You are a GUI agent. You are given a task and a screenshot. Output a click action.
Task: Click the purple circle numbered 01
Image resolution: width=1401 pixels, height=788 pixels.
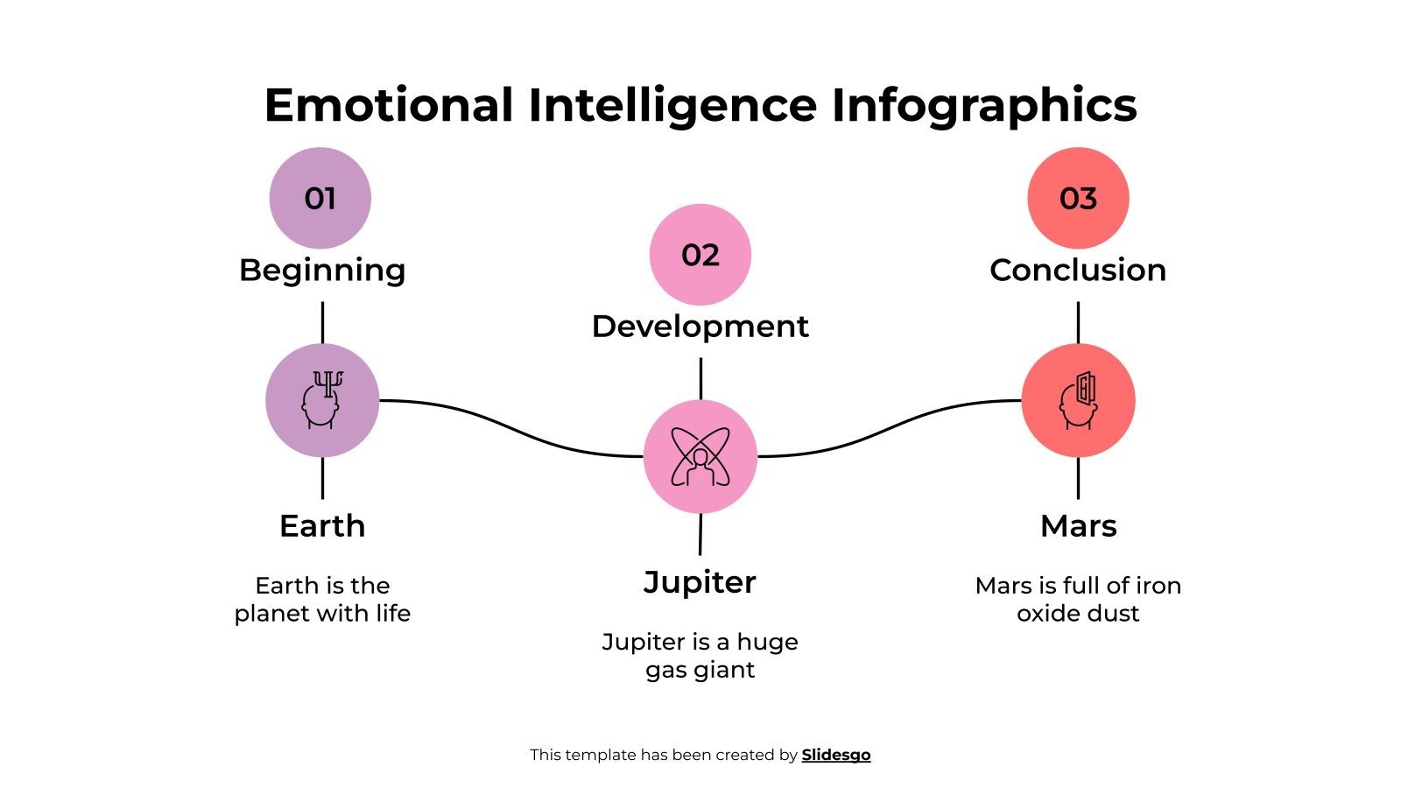click(x=320, y=198)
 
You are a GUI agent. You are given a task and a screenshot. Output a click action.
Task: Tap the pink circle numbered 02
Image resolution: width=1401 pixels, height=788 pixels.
click(x=700, y=254)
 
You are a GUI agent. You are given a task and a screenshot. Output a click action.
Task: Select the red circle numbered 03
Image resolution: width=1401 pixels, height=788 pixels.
click(x=1078, y=198)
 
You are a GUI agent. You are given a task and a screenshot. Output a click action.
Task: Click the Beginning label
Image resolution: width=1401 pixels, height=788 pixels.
click(x=322, y=270)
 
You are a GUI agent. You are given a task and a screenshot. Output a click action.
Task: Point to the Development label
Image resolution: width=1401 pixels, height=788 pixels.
click(x=700, y=326)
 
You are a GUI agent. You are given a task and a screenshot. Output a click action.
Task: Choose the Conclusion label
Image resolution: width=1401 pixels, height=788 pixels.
click(x=1078, y=270)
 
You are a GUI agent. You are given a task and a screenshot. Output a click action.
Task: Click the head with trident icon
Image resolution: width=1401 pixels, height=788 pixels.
click(x=322, y=400)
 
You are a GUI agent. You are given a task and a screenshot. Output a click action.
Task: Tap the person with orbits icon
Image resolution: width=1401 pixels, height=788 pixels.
click(x=700, y=456)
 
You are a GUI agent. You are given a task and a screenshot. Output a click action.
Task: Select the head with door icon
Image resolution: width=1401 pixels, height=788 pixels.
click(x=1078, y=400)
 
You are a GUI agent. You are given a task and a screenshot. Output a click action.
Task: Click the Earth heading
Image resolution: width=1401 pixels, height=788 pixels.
click(x=322, y=525)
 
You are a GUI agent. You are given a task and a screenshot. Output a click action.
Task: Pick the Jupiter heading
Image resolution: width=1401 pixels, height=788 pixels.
click(x=700, y=582)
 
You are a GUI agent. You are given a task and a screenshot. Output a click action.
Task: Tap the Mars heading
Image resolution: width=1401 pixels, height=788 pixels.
click(x=1078, y=525)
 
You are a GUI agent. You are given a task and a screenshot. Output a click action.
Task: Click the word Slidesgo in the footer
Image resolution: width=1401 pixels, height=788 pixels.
click(x=836, y=755)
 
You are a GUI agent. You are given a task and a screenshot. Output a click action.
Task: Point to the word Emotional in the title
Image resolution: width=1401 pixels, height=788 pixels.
click(x=389, y=105)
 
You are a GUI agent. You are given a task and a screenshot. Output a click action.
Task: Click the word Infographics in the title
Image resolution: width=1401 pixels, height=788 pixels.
click(x=984, y=105)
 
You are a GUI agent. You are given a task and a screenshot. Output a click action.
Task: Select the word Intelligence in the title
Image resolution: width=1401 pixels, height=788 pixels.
click(x=672, y=105)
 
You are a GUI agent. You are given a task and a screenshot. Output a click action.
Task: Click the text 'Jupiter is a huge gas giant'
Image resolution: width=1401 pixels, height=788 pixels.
click(x=700, y=655)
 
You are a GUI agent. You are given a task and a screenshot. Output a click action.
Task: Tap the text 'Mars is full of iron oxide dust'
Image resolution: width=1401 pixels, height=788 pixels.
click(x=1078, y=599)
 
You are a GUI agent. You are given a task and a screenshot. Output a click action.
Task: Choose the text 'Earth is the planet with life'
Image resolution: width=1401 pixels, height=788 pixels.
click(x=322, y=599)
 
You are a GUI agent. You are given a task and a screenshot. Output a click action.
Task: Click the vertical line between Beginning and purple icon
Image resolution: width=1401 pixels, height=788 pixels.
click(x=322, y=322)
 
